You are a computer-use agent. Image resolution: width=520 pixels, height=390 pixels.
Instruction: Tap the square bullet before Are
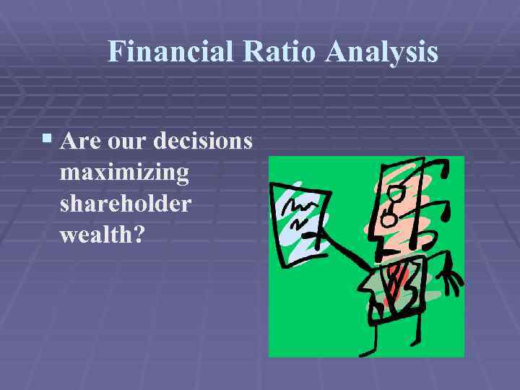pyautogui.click(x=47, y=138)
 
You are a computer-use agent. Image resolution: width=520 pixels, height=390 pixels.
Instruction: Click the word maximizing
pyautogui.click(x=125, y=173)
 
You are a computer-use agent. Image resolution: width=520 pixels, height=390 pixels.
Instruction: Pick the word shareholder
pyautogui.click(x=126, y=204)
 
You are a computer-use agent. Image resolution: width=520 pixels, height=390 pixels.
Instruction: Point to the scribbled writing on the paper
pyautogui.click(x=297, y=208)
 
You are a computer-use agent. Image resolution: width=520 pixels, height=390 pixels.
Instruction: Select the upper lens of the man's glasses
pyautogui.click(x=396, y=194)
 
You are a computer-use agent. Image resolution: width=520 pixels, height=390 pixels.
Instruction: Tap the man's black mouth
pyautogui.click(x=385, y=253)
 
